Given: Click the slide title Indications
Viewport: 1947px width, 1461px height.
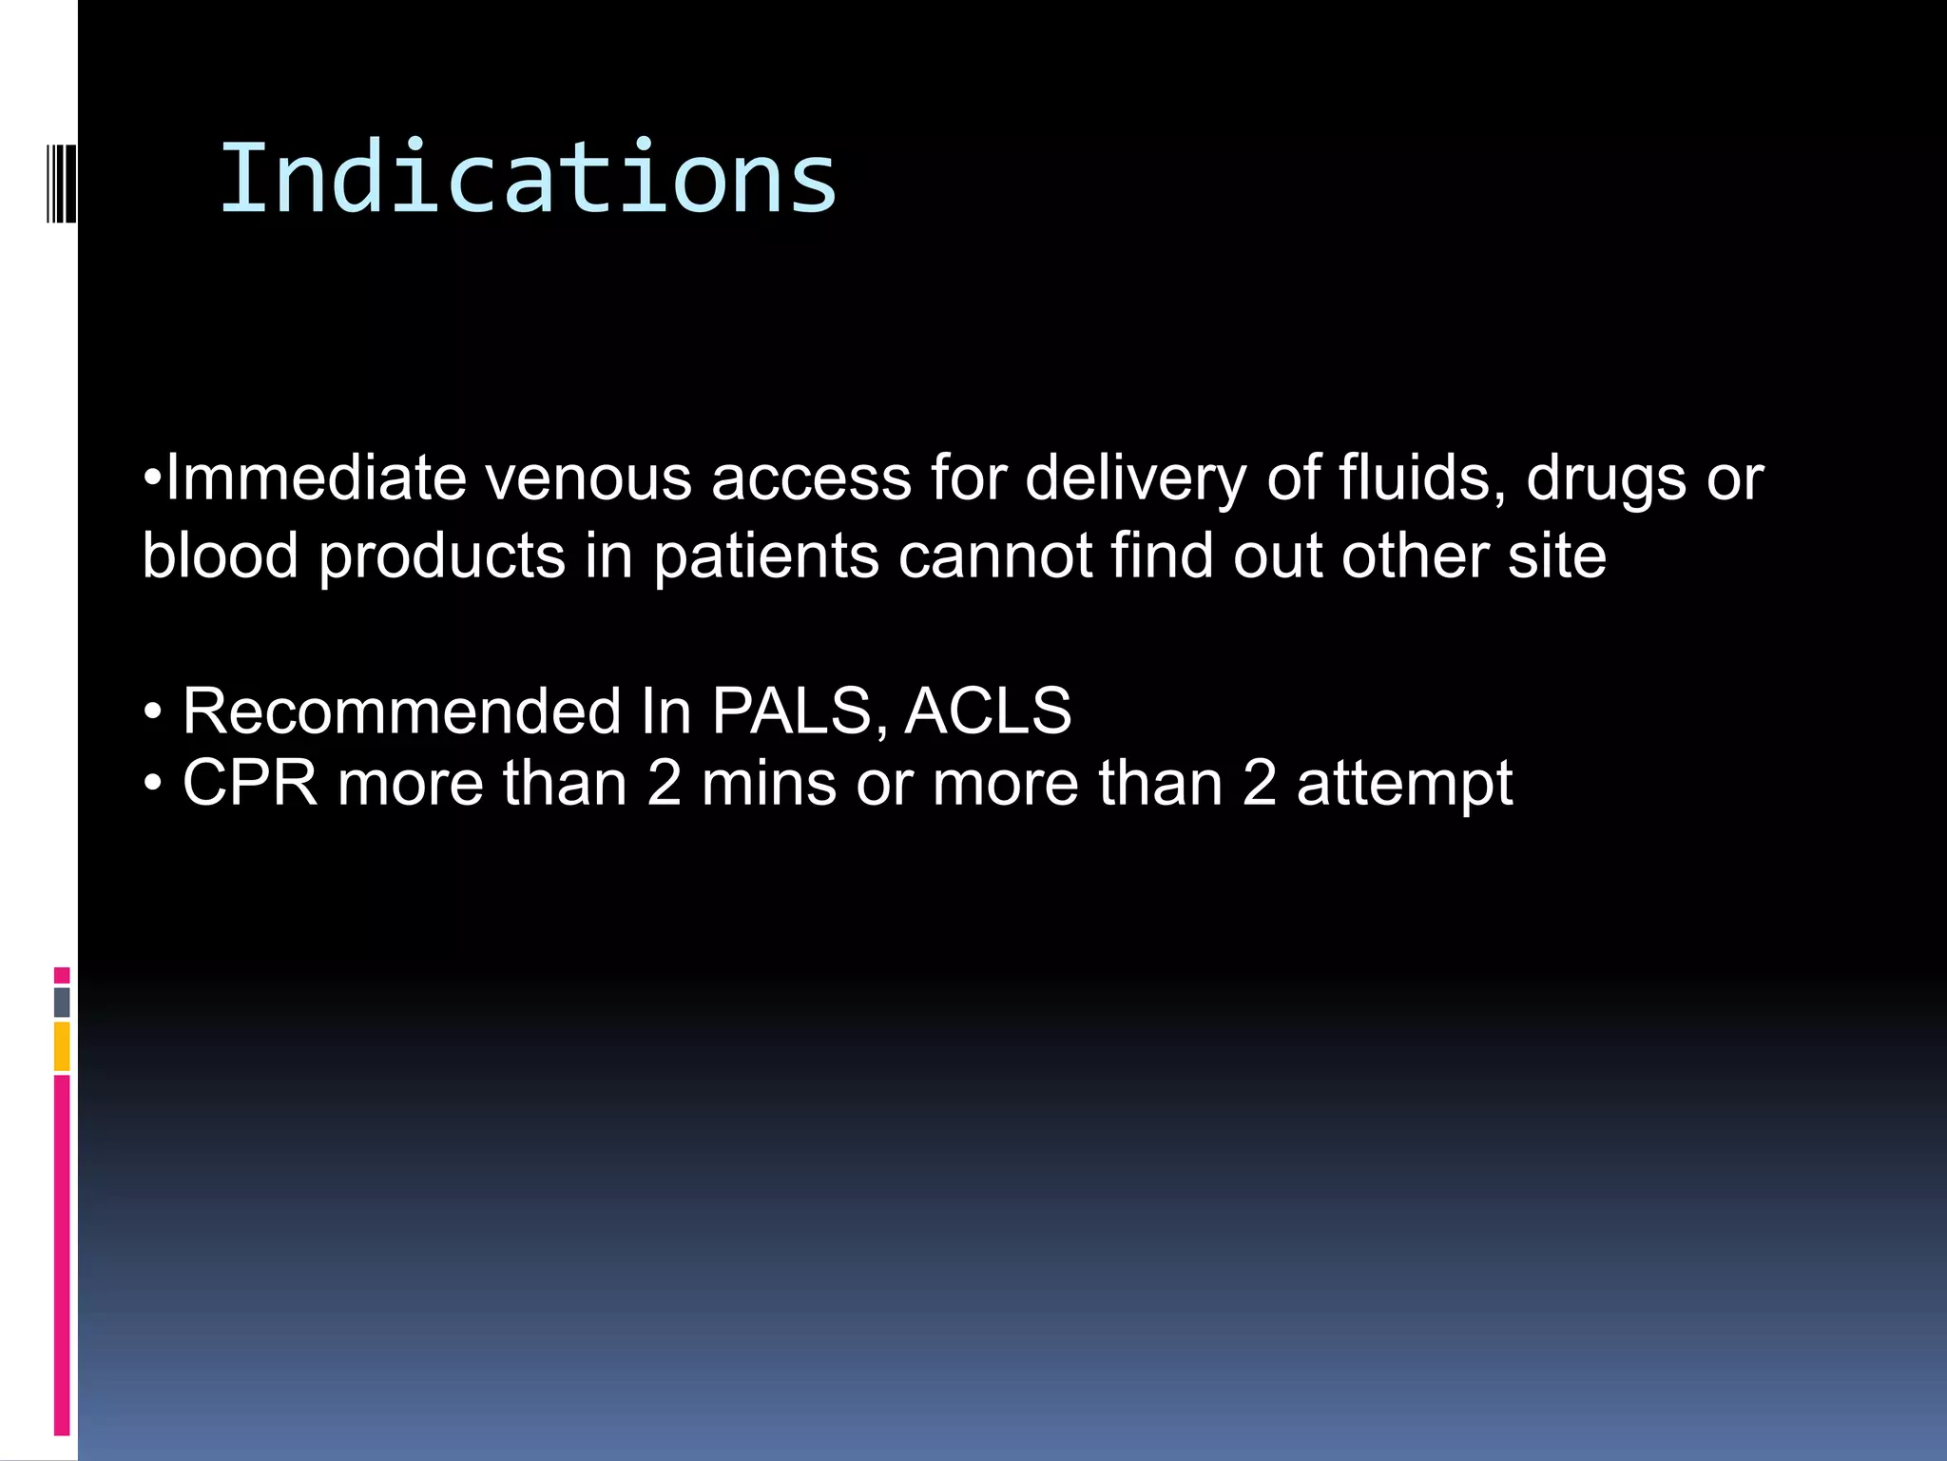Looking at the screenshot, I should pos(528,178).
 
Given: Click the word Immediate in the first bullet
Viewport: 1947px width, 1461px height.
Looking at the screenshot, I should pos(316,477).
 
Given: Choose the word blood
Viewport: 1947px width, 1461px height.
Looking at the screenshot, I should pos(221,555).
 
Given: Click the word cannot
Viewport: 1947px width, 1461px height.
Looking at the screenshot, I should pos(995,555).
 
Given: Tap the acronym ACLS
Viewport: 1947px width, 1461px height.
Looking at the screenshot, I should pos(988,711).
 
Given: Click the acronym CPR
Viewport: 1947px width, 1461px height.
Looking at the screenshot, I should pos(250,783).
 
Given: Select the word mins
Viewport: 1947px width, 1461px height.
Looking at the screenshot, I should pos(769,783).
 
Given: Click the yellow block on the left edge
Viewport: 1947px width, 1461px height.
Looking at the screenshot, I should pos(62,1046).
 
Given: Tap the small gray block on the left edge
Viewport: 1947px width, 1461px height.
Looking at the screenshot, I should pos(62,1002).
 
